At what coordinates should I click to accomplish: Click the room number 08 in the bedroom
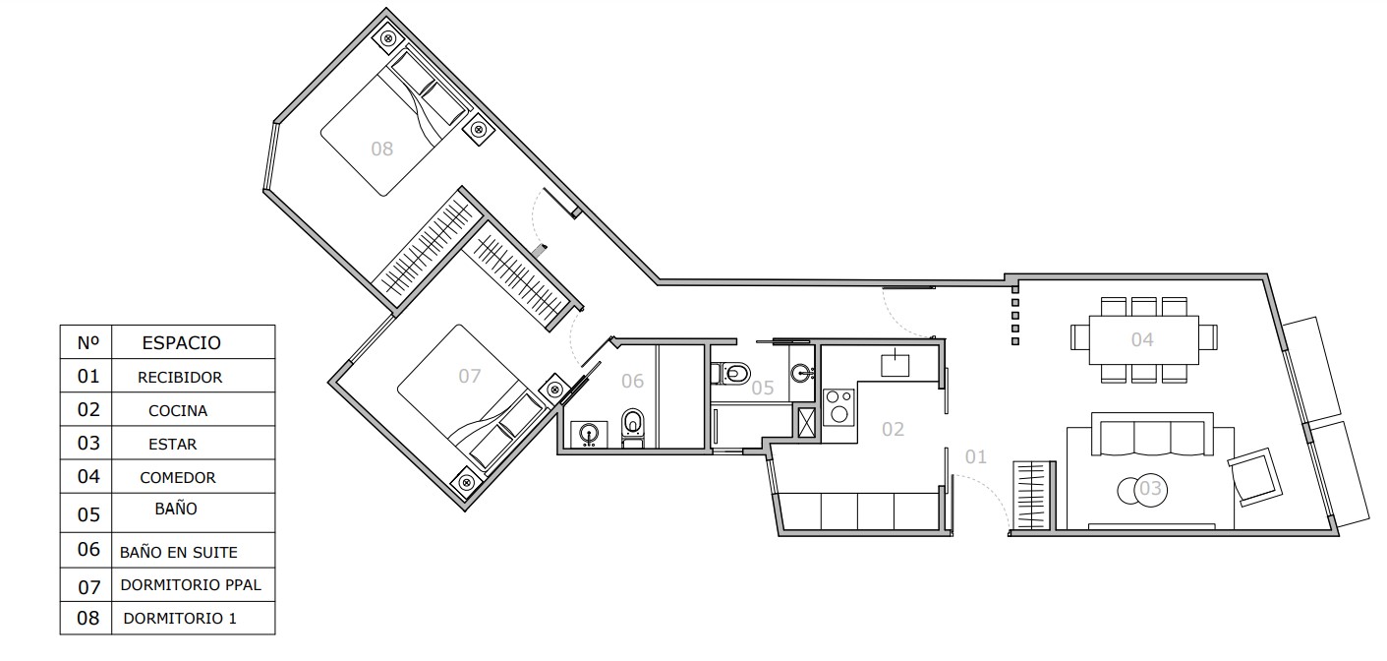pos(382,149)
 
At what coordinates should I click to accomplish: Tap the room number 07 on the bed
pos(469,376)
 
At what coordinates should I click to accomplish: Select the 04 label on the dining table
pos(1142,339)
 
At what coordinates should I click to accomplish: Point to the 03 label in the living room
pos(1150,488)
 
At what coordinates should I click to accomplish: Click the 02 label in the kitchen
pos(893,429)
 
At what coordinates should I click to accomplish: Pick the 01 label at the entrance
pos(976,456)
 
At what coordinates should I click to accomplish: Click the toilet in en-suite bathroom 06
pos(632,428)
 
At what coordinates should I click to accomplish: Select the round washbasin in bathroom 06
pos(588,434)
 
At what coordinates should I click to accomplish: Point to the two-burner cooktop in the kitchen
pos(839,407)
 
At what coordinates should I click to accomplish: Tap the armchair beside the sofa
pos(1255,477)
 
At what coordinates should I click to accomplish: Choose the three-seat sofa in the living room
pos(1152,436)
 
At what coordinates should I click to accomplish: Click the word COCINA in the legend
pos(178,411)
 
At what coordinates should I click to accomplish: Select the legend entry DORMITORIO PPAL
pos(191,585)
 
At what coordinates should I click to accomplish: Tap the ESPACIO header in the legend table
pos(182,342)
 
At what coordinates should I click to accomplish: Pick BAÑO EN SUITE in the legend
pos(178,552)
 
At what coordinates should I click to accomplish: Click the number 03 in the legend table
pos(88,443)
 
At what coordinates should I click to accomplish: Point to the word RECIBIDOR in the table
pos(180,378)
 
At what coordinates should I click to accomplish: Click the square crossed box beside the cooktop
pos(806,423)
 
